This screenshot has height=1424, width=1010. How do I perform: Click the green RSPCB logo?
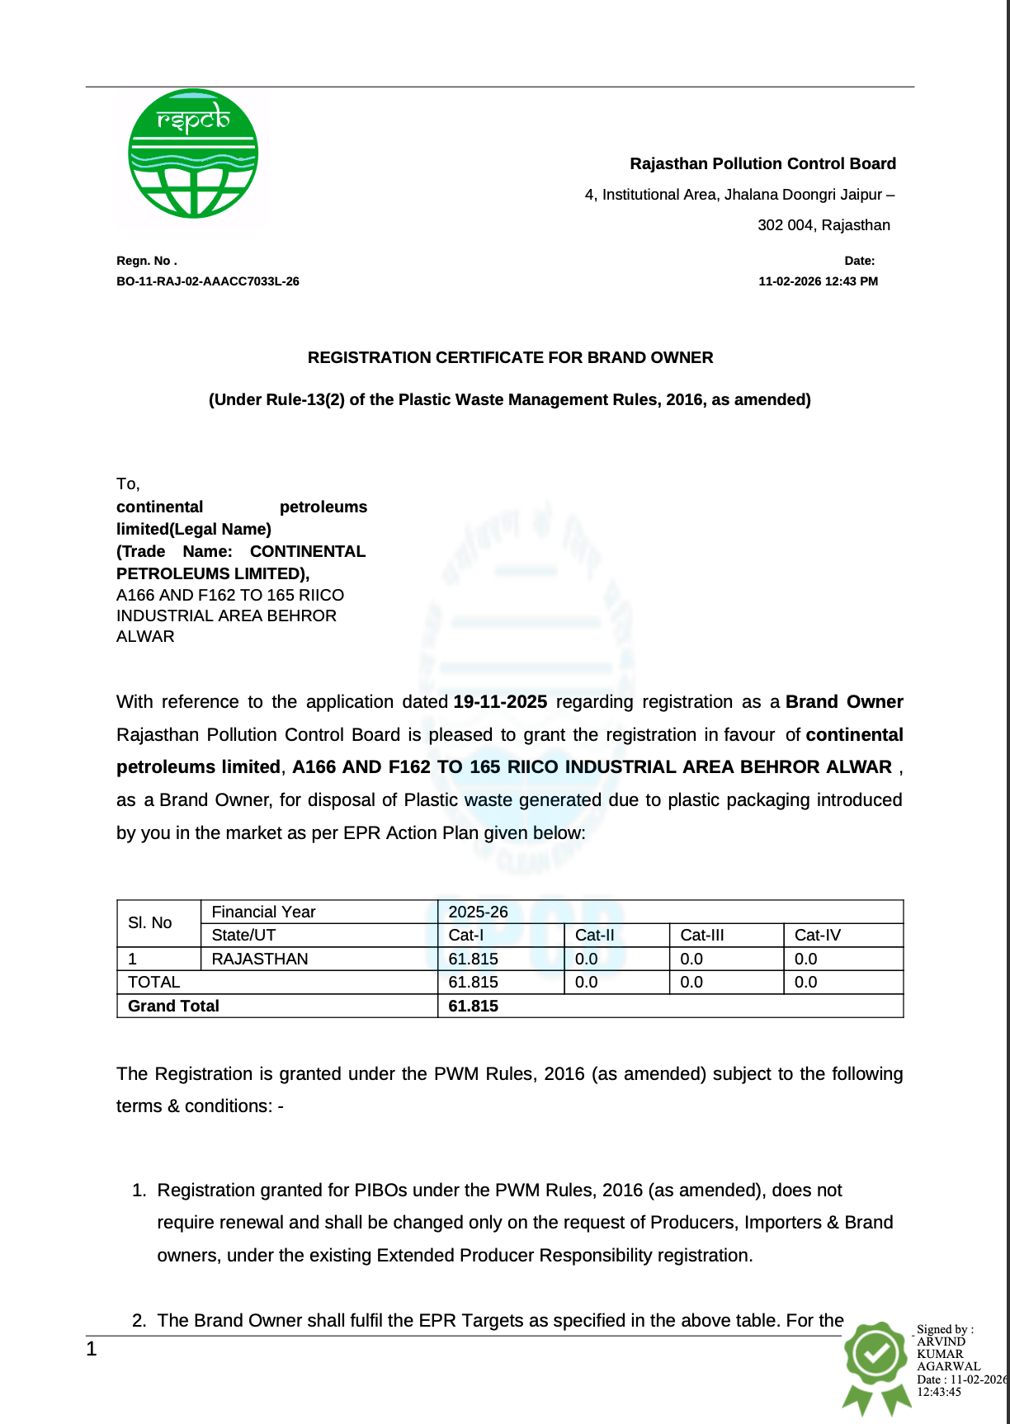(x=193, y=153)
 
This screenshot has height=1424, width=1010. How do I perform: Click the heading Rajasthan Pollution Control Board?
(x=762, y=163)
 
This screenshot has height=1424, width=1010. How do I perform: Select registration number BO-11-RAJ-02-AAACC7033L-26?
(x=208, y=281)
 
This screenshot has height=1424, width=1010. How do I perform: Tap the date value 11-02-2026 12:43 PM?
(x=818, y=281)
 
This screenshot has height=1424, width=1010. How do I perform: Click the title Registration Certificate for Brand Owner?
(x=510, y=357)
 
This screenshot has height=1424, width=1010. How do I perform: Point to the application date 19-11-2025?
(x=500, y=702)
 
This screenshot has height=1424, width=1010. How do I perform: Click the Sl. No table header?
(x=150, y=923)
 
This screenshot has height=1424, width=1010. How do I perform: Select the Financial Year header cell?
(x=264, y=912)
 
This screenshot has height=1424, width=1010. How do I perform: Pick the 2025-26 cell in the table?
(x=478, y=912)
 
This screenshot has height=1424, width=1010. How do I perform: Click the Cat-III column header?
(x=702, y=935)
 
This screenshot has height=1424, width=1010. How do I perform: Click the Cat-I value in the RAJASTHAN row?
(x=473, y=959)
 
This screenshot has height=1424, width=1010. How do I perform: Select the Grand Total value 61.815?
(x=473, y=1006)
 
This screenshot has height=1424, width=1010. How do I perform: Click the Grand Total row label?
(x=173, y=1006)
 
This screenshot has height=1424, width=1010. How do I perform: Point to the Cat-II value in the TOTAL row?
(x=586, y=982)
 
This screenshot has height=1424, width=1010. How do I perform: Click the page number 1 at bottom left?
(x=92, y=1350)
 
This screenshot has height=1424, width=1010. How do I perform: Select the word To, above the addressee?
(x=128, y=484)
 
